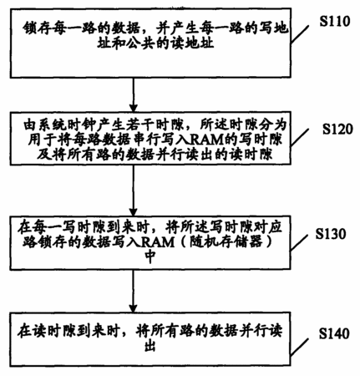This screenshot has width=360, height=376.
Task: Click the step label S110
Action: [334, 22]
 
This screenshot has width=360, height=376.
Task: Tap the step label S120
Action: [337, 129]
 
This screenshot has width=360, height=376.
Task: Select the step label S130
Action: [331, 234]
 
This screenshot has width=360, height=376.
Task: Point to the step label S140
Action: [334, 333]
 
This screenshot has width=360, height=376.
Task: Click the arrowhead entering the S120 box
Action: [134, 109]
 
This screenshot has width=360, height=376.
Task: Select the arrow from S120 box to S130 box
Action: [134, 190]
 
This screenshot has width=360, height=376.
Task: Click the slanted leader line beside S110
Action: [300, 34]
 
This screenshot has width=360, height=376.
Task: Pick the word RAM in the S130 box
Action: [158, 242]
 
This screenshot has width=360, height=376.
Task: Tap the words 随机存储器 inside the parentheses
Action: [226, 241]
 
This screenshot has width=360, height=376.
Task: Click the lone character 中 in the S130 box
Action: [150, 257]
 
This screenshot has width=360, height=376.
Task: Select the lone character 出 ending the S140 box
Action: [150, 346]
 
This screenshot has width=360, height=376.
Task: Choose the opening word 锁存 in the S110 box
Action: [37, 28]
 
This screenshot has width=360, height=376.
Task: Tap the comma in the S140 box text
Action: [127, 334]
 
